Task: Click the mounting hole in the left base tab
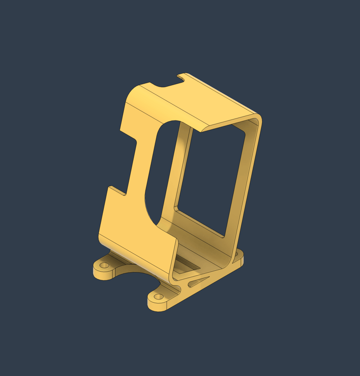104,265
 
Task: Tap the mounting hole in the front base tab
159,296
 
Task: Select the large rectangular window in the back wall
211,176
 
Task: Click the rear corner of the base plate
240,255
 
